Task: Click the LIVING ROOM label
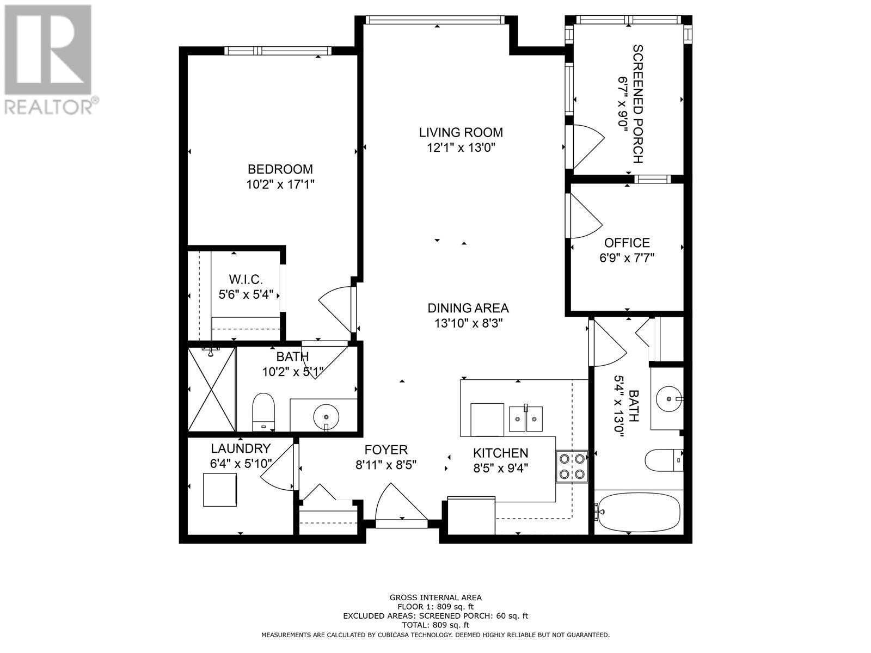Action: (461, 132)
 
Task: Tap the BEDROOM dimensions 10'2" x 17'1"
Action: (280, 185)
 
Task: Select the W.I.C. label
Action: (246, 280)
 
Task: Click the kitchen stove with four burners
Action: (572, 466)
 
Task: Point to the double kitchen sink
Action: (526, 418)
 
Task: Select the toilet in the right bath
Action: (664, 460)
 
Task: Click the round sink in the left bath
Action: (326, 417)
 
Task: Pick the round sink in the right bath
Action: (668, 398)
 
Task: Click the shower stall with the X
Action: (212, 389)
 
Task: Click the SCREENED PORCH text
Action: (637, 104)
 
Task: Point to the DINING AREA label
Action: (468, 308)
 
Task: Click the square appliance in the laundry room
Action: (220, 490)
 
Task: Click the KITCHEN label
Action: (500, 453)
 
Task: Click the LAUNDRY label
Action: (241, 448)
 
